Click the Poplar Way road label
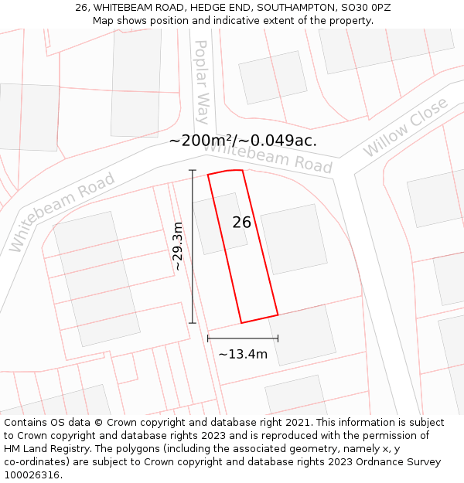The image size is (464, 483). point(201,82)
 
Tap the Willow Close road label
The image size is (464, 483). point(405,127)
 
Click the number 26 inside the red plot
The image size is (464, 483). point(242,223)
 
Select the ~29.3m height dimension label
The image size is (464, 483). point(178,247)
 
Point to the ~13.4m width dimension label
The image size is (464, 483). point(242,355)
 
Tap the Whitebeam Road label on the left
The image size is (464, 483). point(62,213)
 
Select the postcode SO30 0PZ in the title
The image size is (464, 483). point(365,7)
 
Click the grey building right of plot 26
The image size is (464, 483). point(289,239)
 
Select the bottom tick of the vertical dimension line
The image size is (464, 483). point(193,323)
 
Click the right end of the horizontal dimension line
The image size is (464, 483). point(278,338)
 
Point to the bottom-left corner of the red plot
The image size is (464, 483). point(241,323)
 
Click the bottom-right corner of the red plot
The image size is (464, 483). point(278,315)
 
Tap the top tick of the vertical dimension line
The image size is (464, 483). point(193,171)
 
